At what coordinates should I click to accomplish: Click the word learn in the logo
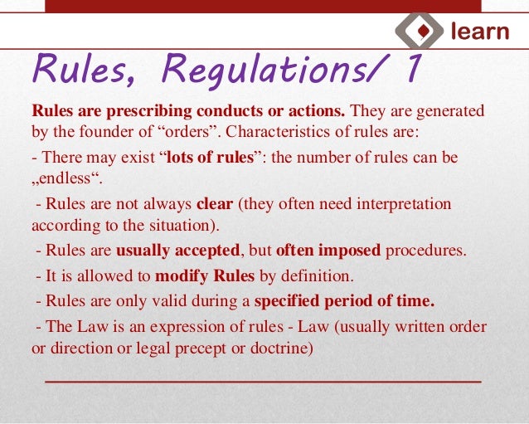click(480, 32)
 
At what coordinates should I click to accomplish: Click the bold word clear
click(215, 203)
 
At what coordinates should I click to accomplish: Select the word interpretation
click(400, 203)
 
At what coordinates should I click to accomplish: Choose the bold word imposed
click(347, 251)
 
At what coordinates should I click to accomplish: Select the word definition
click(318, 275)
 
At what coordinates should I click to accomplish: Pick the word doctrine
click(281, 348)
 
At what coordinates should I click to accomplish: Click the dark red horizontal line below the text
click(262, 381)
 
